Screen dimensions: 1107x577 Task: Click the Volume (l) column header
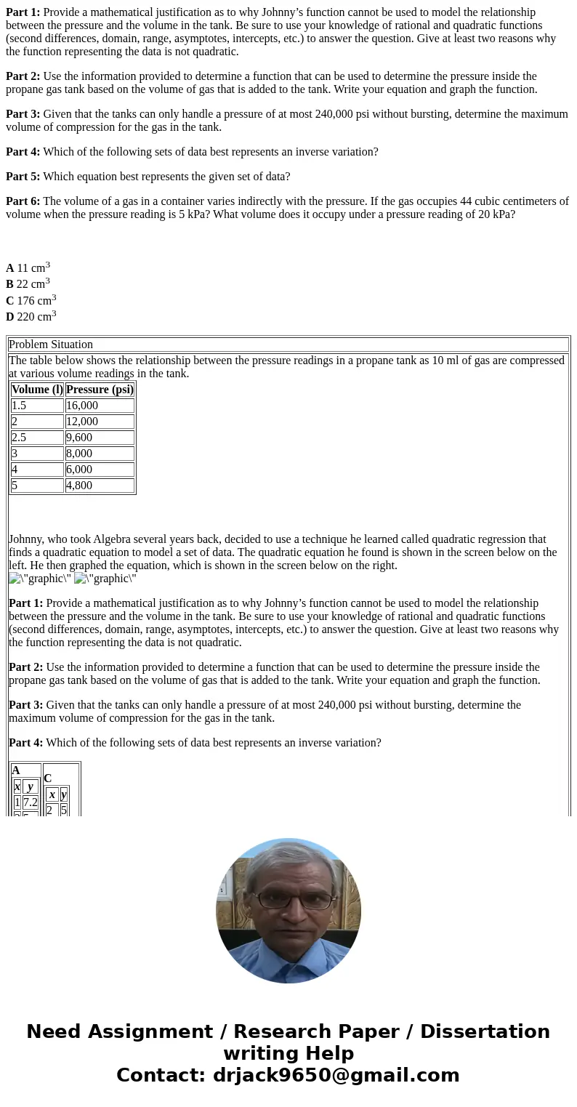(x=37, y=390)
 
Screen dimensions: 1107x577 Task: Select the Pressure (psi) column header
(x=100, y=390)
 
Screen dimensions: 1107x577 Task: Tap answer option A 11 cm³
(x=28, y=267)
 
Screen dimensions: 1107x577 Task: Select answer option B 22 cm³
(x=28, y=283)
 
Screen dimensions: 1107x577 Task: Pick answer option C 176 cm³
(x=31, y=300)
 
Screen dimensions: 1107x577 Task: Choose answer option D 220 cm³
(x=31, y=316)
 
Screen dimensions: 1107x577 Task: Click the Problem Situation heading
(x=51, y=345)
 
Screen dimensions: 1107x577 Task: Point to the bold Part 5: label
(x=23, y=177)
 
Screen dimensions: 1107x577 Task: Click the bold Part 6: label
(x=23, y=201)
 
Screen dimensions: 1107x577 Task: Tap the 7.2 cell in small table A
(x=30, y=802)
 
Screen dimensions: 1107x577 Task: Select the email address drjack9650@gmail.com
(x=336, y=1076)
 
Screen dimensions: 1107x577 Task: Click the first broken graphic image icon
(x=15, y=579)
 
